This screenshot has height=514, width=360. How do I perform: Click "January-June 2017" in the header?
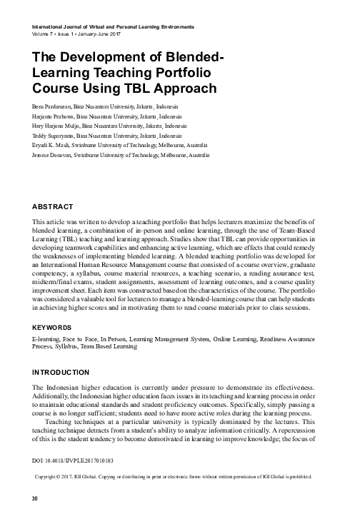coord(98,34)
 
